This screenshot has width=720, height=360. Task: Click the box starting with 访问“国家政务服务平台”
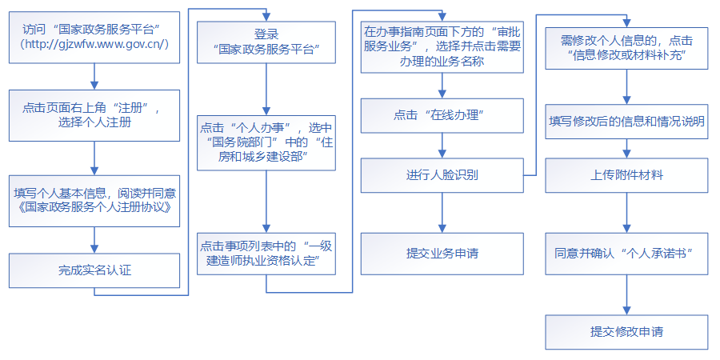pyautogui.click(x=94, y=37)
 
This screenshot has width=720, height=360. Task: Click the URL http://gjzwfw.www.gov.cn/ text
pyautogui.click(x=94, y=45)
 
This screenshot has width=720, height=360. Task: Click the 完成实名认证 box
pyautogui.click(x=94, y=270)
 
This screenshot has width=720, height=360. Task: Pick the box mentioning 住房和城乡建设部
pyautogui.click(x=266, y=143)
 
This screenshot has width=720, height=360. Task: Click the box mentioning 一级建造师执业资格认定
pyautogui.click(x=266, y=254)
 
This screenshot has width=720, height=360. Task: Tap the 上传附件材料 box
pyautogui.click(x=627, y=174)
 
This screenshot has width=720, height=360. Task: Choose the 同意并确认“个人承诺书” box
pyautogui.click(x=627, y=252)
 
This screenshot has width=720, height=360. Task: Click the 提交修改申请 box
pyautogui.click(x=627, y=331)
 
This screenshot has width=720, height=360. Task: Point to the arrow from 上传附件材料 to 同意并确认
pyautogui.click(x=627, y=213)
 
